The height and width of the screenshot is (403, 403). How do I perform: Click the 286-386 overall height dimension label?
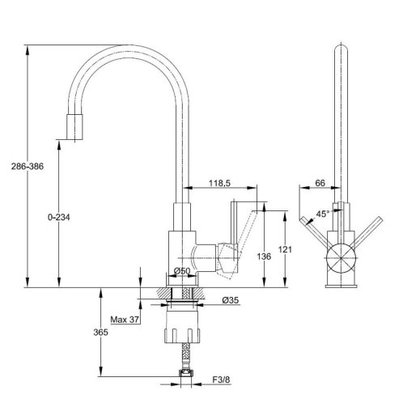(28, 167)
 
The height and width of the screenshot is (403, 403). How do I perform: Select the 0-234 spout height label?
(59, 217)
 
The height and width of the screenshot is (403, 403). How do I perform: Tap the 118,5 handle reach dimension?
(219, 183)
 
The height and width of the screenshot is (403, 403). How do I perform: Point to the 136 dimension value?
(264, 257)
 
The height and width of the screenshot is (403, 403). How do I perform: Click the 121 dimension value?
(285, 249)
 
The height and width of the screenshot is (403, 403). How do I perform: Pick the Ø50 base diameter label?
(182, 270)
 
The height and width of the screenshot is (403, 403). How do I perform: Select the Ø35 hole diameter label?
(231, 300)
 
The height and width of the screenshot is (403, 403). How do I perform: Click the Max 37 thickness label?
(125, 320)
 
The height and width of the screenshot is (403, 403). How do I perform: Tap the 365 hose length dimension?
(100, 333)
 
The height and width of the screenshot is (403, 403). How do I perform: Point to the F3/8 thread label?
(221, 380)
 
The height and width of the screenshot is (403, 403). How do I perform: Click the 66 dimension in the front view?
(320, 183)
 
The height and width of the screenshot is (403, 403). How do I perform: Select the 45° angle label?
(323, 214)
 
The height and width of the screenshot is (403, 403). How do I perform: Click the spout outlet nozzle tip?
(74, 127)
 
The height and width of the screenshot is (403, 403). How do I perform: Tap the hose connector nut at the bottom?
(186, 375)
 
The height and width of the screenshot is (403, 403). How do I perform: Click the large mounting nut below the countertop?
(183, 326)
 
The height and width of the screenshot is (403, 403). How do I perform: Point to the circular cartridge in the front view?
(341, 258)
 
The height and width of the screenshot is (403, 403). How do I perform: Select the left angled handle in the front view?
(316, 232)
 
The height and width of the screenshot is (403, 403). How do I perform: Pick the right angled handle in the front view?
(367, 231)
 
